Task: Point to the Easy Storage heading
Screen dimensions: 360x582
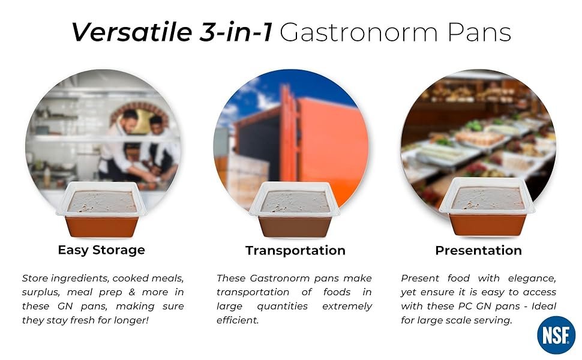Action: (x=101, y=250)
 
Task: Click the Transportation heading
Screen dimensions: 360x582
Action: (x=295, y=251)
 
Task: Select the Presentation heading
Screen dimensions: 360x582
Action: (x=478, y=251)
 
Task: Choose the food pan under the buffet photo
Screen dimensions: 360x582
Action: (x=487, y=207)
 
